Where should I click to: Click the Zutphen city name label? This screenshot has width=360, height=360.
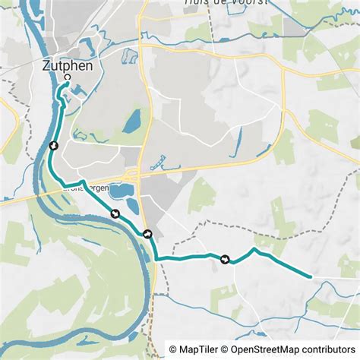68,66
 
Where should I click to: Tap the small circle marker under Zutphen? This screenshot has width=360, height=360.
68,77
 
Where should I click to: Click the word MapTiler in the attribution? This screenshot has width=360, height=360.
196,349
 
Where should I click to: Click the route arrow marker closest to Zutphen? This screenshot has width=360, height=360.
53,146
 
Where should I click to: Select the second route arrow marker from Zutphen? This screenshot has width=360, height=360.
115,213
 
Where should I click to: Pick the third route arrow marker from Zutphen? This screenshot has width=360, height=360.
147,234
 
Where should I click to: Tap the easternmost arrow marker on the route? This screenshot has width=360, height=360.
225,260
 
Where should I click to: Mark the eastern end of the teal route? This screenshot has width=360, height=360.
310,276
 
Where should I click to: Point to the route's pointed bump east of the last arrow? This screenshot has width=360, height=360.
255,249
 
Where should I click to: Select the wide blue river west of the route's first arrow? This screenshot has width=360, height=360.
36,152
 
